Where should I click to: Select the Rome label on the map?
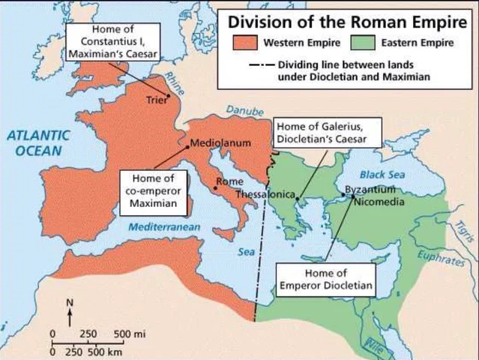(x=227, y=181)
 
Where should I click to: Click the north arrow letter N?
(x=68, y=304)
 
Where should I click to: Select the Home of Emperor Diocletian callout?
(x=326, y=279)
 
